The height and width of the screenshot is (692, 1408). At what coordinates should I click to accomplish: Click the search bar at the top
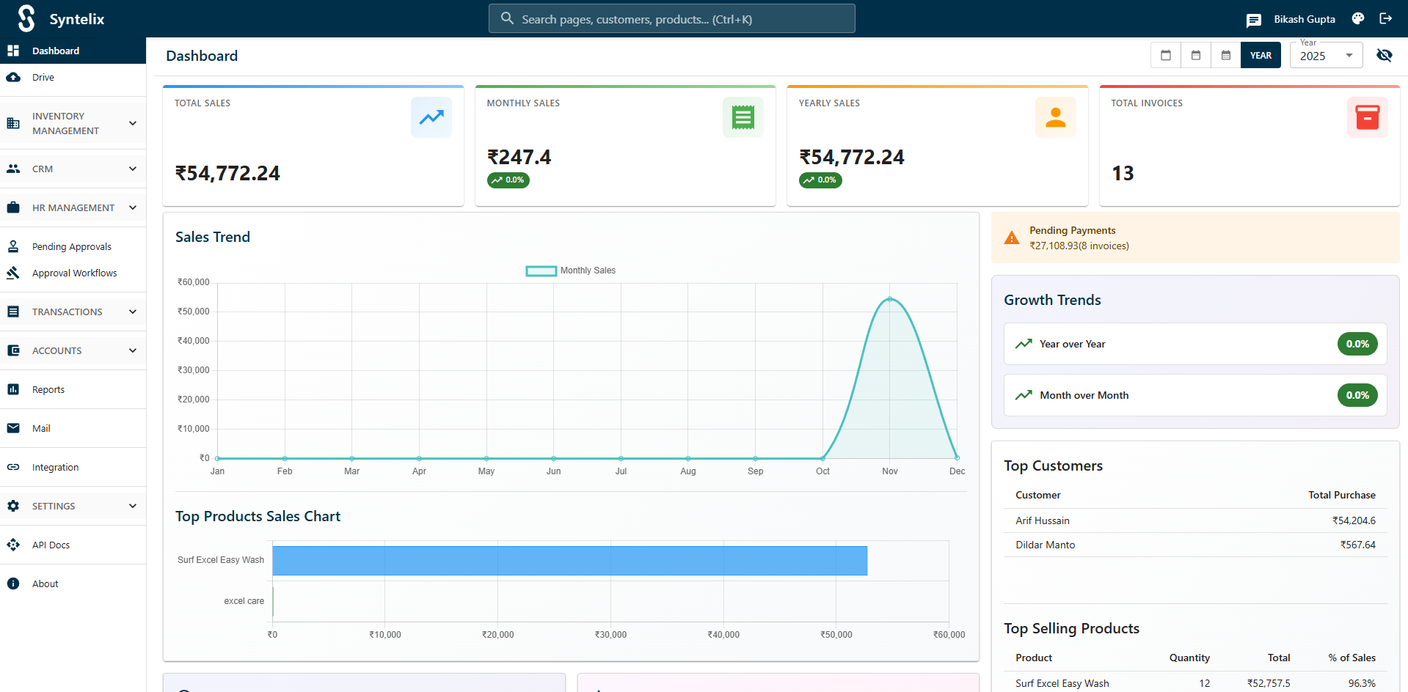pyautogui.click(x=671, y=19)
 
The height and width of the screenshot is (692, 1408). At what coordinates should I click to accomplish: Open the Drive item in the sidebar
pyautogui.click(x=43, y=78)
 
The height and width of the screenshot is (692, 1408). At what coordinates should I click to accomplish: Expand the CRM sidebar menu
pyautogui.click(x=73, y=169)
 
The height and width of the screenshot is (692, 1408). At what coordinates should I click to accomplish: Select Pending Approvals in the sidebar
pyautogui.click(x=71, y=247)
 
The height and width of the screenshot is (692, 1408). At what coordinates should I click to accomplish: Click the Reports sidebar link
pyautogui.click(x=48, y=390)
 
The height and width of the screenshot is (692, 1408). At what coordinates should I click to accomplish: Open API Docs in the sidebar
pyautogui.click(x=51, y=545)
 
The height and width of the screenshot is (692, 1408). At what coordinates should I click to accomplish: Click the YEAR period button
pyautogui.click(x=1260, y=56)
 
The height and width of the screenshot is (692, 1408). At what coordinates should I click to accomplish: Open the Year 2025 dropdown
pyautogui.click(x=1325, y=56)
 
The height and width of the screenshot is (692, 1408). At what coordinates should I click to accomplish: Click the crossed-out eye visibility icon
pyautogui.click(x=1384, y=56)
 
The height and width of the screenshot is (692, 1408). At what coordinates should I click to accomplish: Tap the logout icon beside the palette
pyautogui.click(x=1385, y=19)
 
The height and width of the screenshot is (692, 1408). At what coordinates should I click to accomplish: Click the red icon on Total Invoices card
pyautogui.click(x=1366, y=117)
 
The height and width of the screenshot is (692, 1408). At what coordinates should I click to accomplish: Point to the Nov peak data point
pyautogui.click(x=889, y=299)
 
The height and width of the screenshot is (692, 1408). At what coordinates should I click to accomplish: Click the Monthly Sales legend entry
pyautogui.click(x=571, y=271)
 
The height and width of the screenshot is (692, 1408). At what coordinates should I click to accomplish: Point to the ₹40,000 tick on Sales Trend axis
pyautogui.click(x=194, y=341)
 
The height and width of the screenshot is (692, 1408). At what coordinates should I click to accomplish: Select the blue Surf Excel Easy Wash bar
pyautogui.click(x=569, y=561)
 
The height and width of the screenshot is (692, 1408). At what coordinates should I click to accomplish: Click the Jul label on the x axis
pyautogui.click(x=621, y=471)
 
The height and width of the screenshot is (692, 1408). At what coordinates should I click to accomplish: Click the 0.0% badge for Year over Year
pyautogui.click(x=1357, y=345)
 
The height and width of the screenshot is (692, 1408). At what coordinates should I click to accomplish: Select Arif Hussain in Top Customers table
pyautogui.click(x=1042, y=521)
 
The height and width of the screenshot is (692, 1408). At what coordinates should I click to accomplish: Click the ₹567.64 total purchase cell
pyautogui.click(x=1357, y=545)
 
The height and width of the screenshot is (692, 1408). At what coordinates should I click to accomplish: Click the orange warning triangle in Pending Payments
pyautogui.click(x=1011, y=238)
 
